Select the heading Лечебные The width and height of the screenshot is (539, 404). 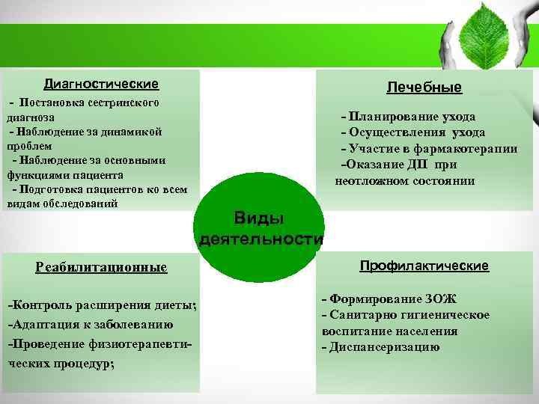click(424, 88)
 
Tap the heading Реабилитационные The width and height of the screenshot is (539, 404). click(102, 267)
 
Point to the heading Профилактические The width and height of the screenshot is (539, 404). click(424, 266)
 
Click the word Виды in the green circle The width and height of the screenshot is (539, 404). click(259, 218)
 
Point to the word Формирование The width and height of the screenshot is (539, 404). click(368, 299)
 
